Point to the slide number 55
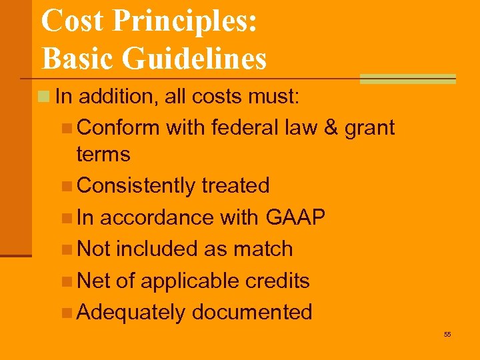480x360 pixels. coord(447,334)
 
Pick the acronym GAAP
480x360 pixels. coord(295,217)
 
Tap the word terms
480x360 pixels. coord(103,154)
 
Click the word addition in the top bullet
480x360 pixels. coord(109,97)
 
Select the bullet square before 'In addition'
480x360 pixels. coord(44,97)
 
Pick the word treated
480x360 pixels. coord(238,185)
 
